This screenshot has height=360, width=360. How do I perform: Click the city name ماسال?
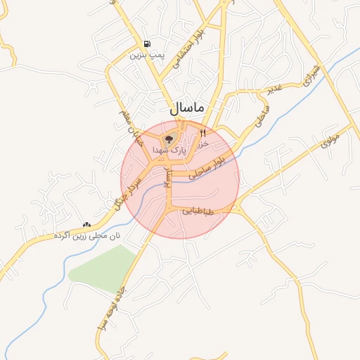[187, 108]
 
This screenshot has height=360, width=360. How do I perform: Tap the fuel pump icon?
[146, 44]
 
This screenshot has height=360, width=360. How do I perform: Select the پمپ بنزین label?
[146, 55]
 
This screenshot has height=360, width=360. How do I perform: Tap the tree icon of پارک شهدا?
[169, 139]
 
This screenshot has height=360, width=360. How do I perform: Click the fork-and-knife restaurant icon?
[203, 132]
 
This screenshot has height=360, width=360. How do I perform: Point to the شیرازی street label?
[311, 75]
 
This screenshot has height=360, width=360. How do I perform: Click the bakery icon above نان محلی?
[87, 224]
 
